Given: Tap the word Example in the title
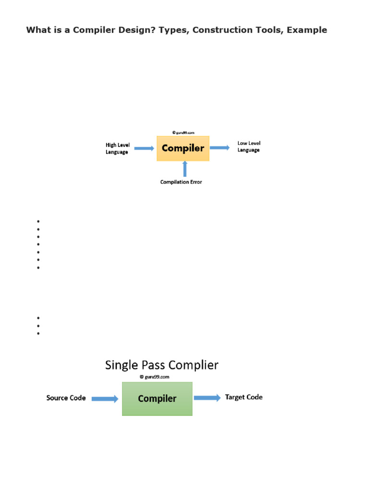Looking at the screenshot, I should pyautogui.click(x=307, y=30).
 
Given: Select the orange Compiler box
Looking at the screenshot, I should pyautogui.click(x=183, y=148).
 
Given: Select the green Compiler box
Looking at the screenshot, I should pyautogui.click(x=157, y=399).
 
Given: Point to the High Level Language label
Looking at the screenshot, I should pyautogui.click(x=118, y=148).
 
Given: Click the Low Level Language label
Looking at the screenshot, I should pyautogui.click(x=249, y=146).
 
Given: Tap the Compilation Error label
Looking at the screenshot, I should pyautogui.click(x=181, y=182).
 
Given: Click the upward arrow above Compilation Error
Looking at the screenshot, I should pyautogui.click(x=185, y=169).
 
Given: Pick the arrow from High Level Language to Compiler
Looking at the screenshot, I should pyautogui.click(x=144, y=148).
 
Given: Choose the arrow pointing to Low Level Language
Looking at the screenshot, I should pyautogui.click(x=220, y=148).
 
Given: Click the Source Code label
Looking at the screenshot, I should pyautogui.click(x=66, y=398).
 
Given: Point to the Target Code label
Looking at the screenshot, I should pyautogui.click(x=244, y=397).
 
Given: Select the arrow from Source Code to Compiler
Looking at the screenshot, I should pyautogui.click(x=105, y=399).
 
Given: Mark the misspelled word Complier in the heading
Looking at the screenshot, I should pyautogui.click(x=195, y=365).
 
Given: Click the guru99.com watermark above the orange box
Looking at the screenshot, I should pyautogui.click(x=183, y=132).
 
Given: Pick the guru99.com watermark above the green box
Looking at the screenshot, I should pyautogui.click(x=154, y=377).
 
